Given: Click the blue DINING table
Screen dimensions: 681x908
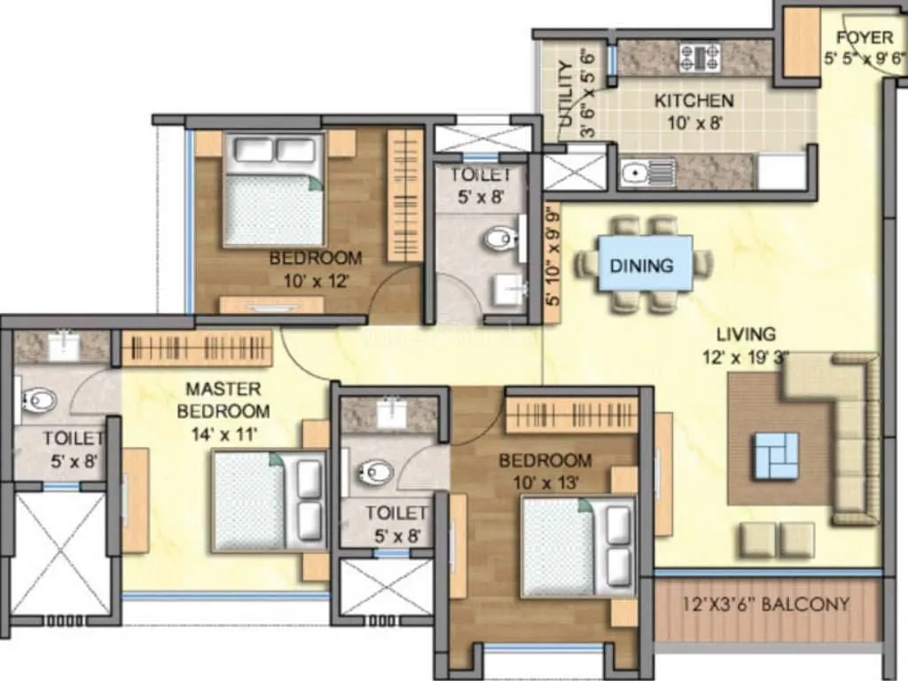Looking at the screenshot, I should pyautogui.click(x=646, y=263).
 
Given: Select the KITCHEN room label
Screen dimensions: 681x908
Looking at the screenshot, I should pyautogui.click(x=693, y=101).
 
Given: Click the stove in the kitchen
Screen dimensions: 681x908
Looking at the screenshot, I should pyautogui.click(x=700, y=58).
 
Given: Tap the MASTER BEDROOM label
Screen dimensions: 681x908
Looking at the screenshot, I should pyautogui.click(x=223, y=400).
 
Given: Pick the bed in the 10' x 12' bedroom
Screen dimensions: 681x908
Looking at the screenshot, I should pyautogui.click(x=273, y=191).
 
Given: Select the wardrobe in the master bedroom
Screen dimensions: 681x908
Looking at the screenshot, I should pyautogui.click(x=196, y=348).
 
